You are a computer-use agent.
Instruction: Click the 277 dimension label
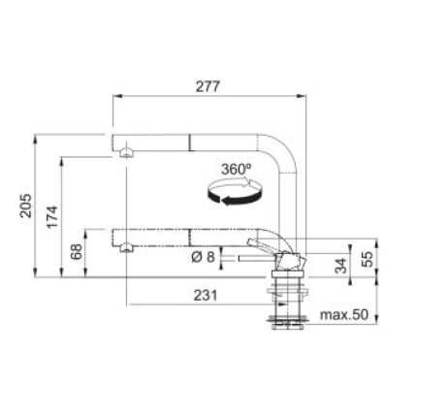(207, 86)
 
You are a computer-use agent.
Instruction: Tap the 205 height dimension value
(26, 206)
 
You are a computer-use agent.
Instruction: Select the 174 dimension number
(52, 217)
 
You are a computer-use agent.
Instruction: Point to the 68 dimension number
(77, 252)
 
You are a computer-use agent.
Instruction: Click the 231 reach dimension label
(206, 295)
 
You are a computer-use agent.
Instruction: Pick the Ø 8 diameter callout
(203, 257)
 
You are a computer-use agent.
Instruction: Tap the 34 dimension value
(340, 266)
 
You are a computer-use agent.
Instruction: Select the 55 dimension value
(367, 259)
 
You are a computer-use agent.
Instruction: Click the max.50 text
(344, 314)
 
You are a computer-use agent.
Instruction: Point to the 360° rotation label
(237, 170)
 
